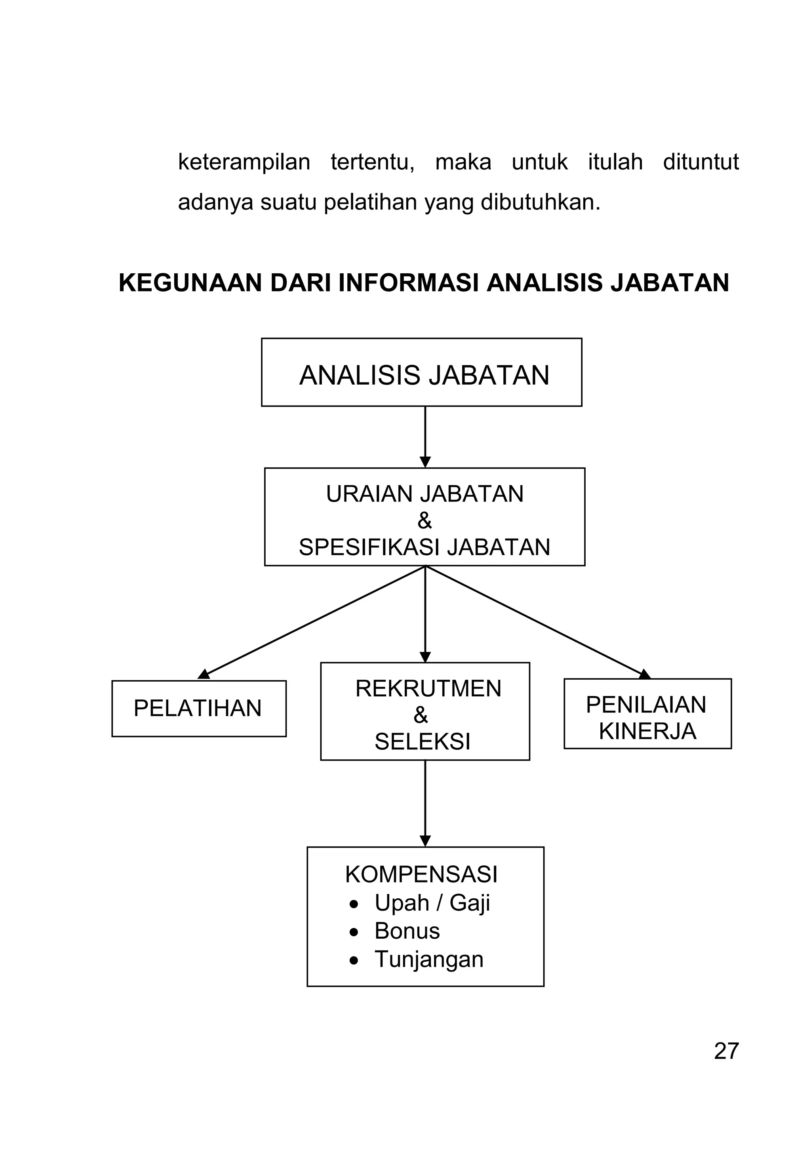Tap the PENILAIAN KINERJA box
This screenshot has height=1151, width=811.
[x=647, y=714]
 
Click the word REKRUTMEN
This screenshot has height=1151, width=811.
[x=428, y=689]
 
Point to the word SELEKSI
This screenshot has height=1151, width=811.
[x=423, y=741]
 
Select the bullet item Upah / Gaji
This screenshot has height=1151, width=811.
[x=432, y=903]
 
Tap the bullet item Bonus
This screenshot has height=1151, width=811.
[x=407, y=931]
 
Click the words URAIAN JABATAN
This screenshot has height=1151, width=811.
[x=425, y=494]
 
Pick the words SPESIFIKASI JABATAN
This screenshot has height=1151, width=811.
[x=425, y=547]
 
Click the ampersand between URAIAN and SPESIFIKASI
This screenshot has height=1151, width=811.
[x=424, y=521]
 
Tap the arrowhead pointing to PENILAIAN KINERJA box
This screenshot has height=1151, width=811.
[x=645, y=674]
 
